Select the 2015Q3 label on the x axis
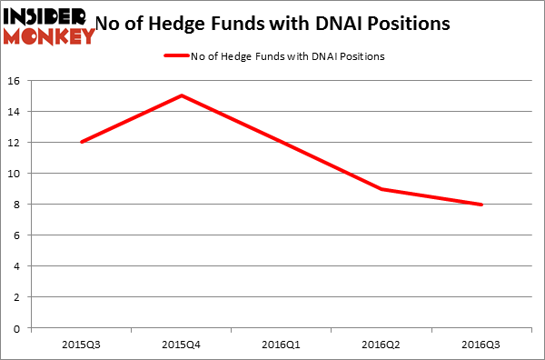[82, 344]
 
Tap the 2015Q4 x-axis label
[183, 344]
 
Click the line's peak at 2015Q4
[183, 95]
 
